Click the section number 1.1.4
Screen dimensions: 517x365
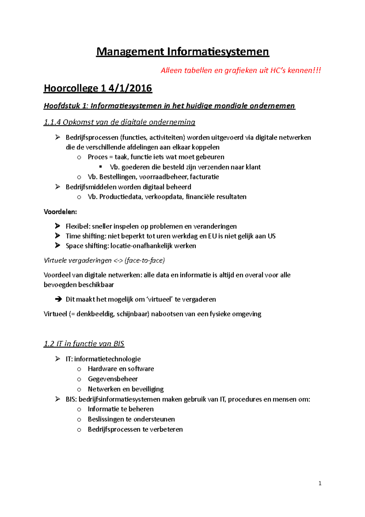click(x=52, y=122)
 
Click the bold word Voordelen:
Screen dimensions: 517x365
click(x=60, y=212)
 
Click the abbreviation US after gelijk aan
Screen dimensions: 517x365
click(x=272, y=236)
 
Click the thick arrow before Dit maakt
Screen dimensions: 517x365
click(x=58, y=299)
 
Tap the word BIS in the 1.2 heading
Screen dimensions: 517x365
click(x=119, y=344)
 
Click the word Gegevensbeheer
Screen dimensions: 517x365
click(x=113, y=379)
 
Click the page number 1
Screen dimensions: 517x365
click(x=320, y=483)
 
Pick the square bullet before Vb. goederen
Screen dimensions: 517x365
click(x=101, y=167)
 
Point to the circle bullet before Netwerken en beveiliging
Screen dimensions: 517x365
click(x=79, y=389)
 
